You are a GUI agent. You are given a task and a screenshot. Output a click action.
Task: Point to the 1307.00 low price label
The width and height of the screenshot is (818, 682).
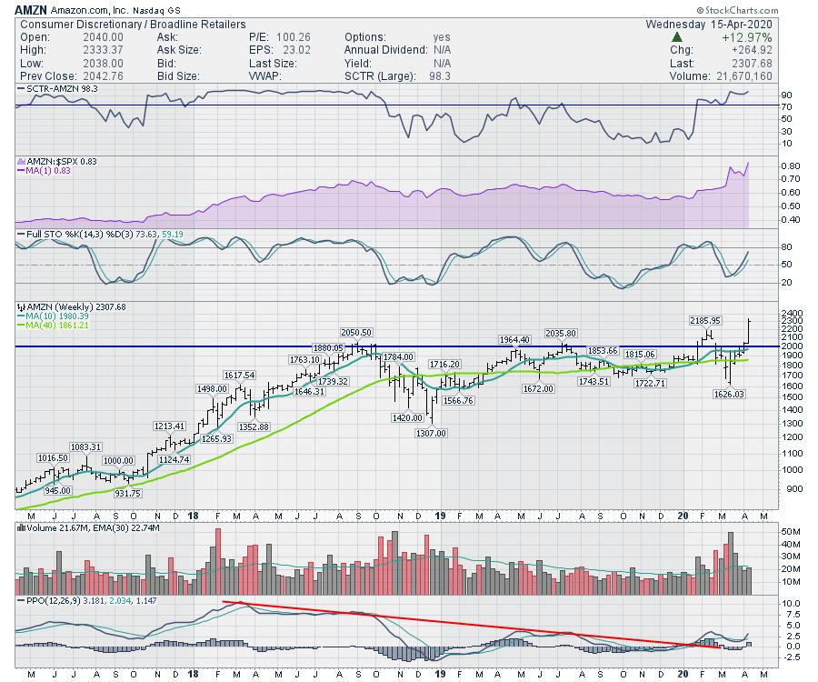click(431, 433)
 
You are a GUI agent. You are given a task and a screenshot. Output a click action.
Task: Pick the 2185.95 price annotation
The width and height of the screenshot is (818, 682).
click(703, 320)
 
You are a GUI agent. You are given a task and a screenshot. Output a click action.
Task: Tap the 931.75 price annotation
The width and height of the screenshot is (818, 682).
click(129, 494)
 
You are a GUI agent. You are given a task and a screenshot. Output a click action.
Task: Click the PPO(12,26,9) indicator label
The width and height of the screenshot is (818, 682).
click(53, 601)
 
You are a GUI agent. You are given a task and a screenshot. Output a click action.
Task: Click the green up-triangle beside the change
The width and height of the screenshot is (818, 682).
click(677, 37)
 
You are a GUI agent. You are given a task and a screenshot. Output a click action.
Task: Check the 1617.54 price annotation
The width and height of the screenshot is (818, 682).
click(238, 375)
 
